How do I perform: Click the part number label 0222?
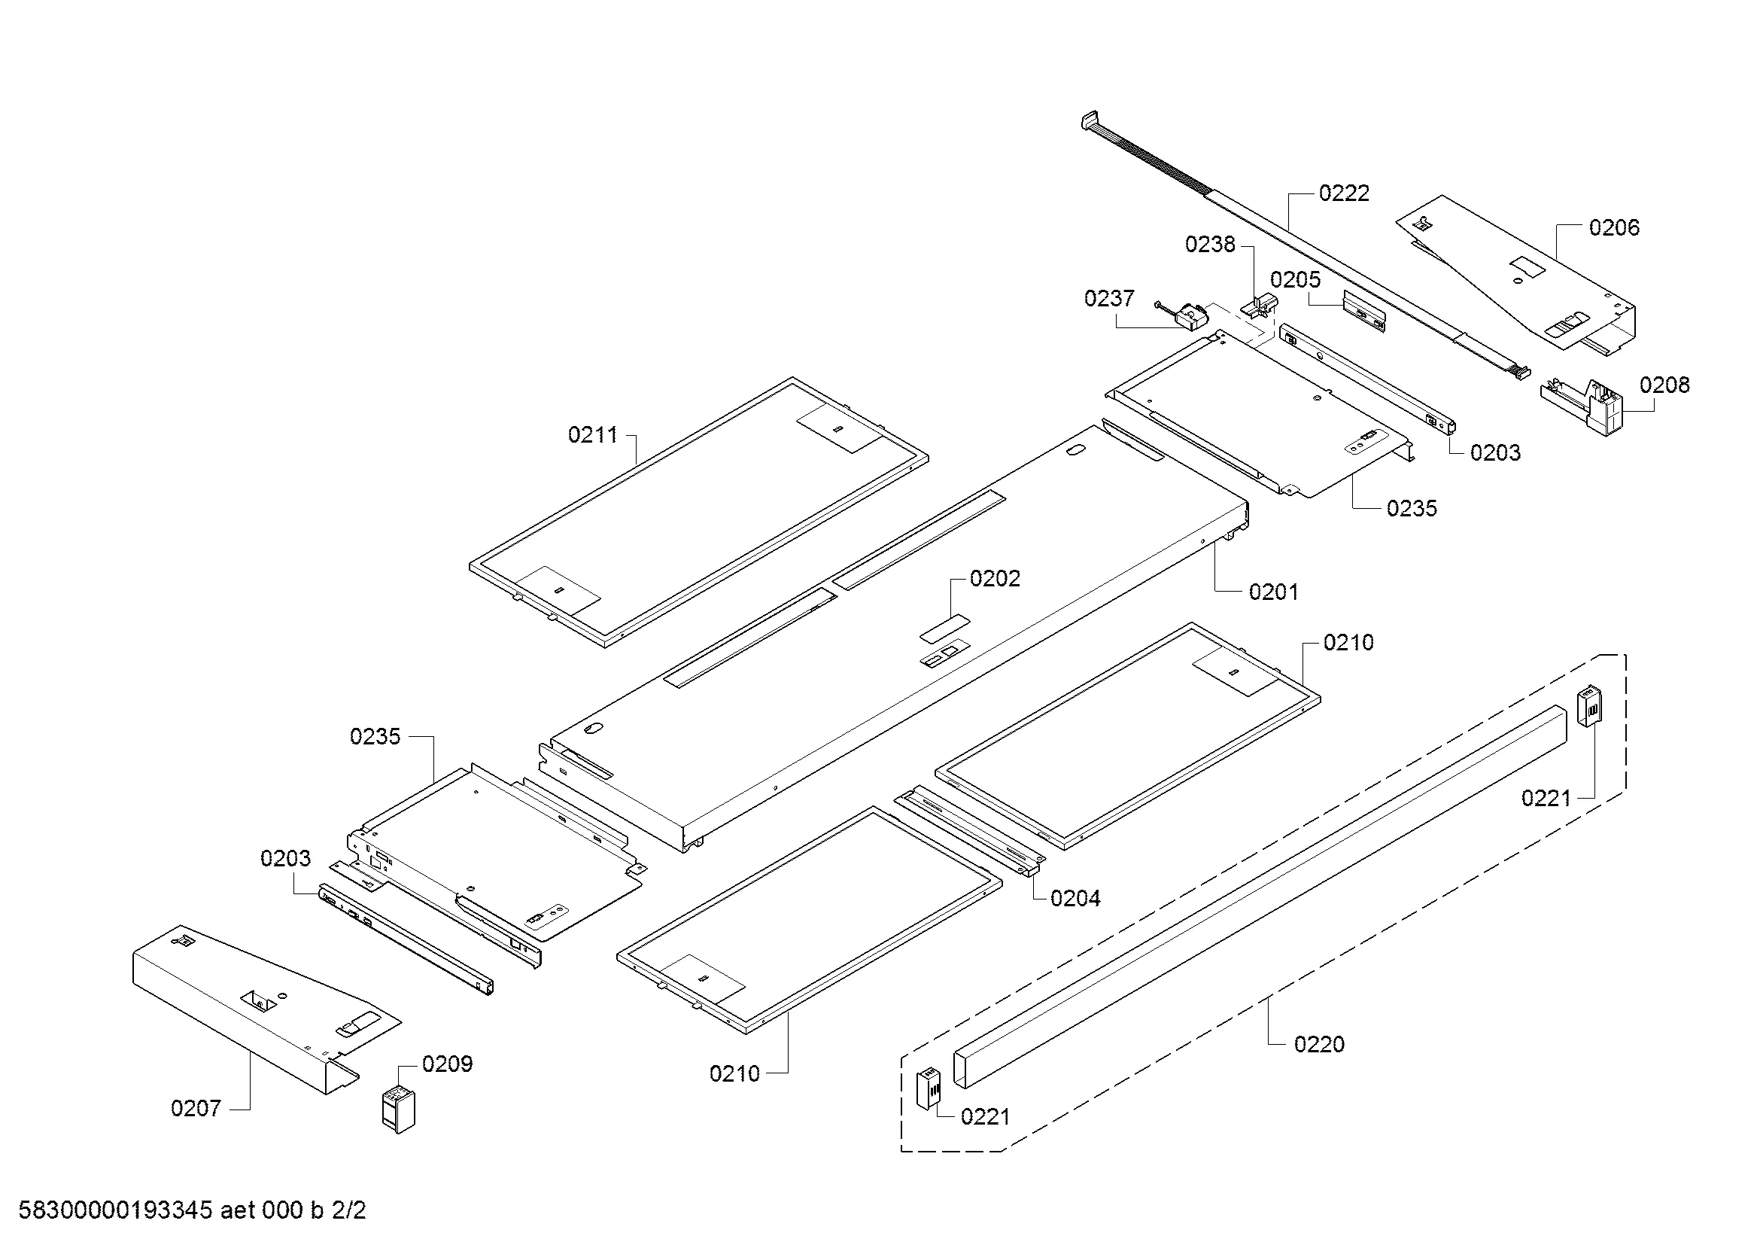coord(1344,193)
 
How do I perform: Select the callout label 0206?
coord(1613,227)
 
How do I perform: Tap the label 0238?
coord(1210,245)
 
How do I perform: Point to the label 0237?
coord(1108,298)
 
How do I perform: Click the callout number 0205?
coord(1296,280)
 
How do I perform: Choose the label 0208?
coord(1664,385)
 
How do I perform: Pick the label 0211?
coord(592,435)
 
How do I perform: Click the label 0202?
coord(994,579)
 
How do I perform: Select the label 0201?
coord(1273,592)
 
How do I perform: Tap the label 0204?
coord(1075,899)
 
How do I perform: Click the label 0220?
coord(1318,1044)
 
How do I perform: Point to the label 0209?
coord(447,1064)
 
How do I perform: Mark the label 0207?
coord(196,1109)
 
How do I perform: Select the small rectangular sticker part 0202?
coord(945,629)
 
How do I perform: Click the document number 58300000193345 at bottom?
coord(115,1210)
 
